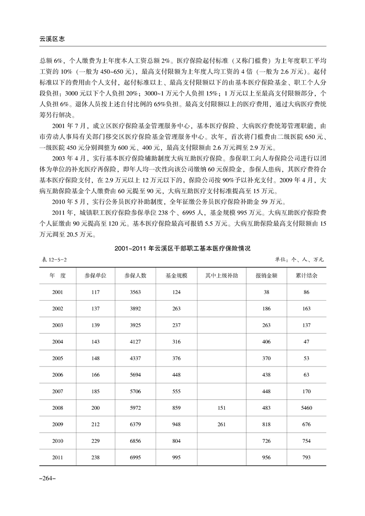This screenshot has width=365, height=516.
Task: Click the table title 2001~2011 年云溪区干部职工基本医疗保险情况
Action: click(182, 249)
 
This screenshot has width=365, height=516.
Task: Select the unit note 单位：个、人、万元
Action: click(300, 260)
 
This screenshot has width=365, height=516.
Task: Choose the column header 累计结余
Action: click(307, 275)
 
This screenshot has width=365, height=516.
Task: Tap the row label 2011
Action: click(58, 458)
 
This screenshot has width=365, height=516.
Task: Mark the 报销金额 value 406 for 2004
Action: click(266, 342)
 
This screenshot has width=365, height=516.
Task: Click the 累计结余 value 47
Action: click(307, 342)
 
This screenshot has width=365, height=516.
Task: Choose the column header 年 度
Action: click(58, 275)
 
